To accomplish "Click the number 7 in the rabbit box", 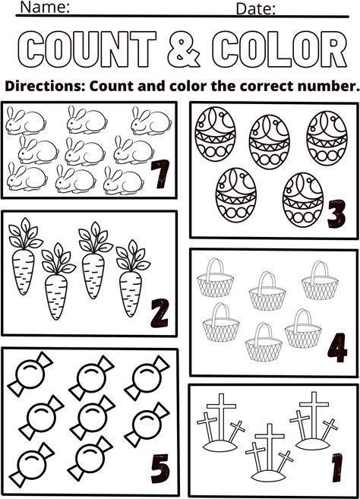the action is (x=159, y=174).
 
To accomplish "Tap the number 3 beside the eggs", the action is (x=336, y=213).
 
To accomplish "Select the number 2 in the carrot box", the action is (x=159, y=313).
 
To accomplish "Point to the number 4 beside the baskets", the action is (x=337, y=348).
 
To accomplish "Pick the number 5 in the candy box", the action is (x=160, y=469).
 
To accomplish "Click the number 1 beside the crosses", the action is (x=337, y=467).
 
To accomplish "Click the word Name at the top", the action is (x=45, y=7).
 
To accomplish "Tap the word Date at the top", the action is (x=256, y=9).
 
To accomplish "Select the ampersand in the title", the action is (x=184, y=49).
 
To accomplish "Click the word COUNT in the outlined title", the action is (x=87, y=49).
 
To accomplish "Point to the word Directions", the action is (x=45, y=87).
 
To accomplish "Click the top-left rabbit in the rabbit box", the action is (x=26, y=121).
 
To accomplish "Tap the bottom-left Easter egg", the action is (x=236, y=194).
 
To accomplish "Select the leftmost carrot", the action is (x=24, y=256).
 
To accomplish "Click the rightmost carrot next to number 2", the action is (x=132, y=278).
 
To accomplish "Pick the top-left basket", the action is (x=215, y=278).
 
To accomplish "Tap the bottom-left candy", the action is (x=31, y=464).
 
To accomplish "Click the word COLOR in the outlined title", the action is (x=279, y=49).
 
